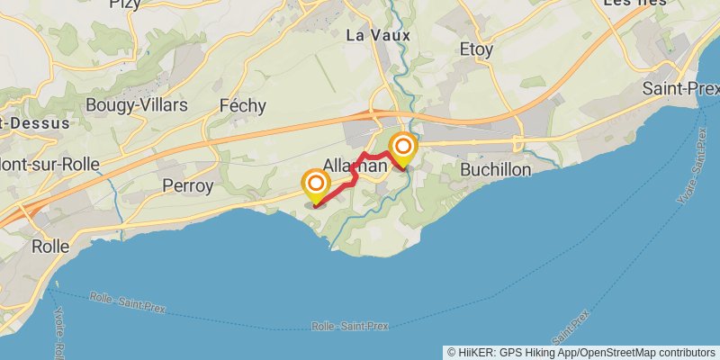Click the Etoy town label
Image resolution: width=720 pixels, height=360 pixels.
(476, 49)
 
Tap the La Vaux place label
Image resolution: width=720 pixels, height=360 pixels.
(378, 35)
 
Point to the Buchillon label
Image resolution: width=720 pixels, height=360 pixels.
(495, 169)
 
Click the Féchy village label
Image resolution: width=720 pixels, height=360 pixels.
(243, 106)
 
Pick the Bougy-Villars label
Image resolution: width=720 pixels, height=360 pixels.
(137, 105)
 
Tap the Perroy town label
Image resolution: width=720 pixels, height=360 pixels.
(188, 186)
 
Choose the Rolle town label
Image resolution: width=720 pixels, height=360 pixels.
(50, 245)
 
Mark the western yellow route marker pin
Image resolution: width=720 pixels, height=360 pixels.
(316, 187)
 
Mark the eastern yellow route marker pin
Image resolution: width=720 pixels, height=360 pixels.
(403, 148)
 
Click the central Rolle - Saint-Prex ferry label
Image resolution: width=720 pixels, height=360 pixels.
(350, 326)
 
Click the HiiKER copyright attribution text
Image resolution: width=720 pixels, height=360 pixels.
(581, 352)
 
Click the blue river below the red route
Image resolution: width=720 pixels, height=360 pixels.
(346, 224)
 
